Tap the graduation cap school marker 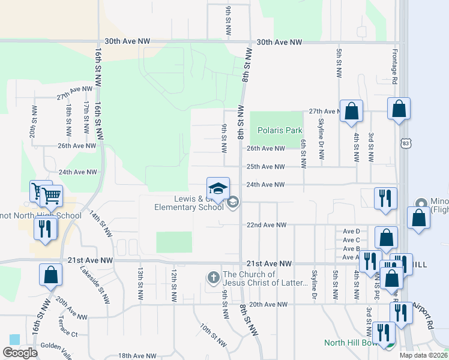[218, 188]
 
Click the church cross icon [213, 278]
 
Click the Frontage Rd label [395, 66]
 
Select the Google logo [20, 353]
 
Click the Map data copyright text [423, 355]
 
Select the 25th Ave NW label [265, 167]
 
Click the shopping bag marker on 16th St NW [51, 275]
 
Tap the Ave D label [351, 231]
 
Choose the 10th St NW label [213, 335]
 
